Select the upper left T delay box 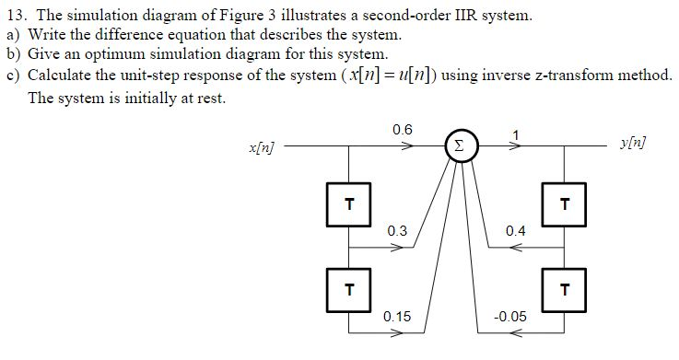click(x=348, y=203)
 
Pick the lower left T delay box click(x=348, y=288)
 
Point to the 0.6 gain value click(x=402, y=130)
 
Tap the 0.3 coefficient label click(x=398, y=230)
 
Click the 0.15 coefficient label click(x=398, y=316)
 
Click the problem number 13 click(x=15, y=16)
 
